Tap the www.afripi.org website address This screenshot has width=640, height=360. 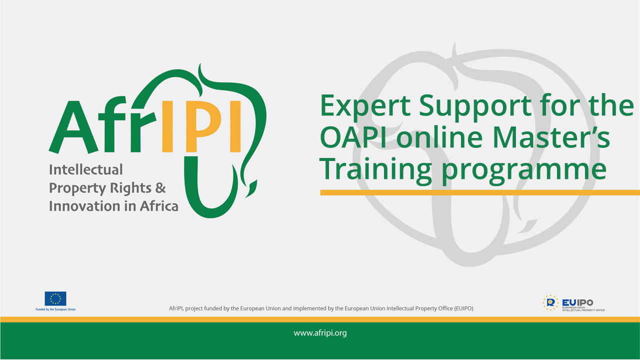click(320, 333)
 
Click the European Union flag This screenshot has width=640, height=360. click(55, 298)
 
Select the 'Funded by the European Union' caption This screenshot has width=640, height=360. click(55, 309)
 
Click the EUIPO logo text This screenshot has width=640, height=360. click(577, 302)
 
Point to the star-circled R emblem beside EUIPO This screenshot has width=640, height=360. click(550, 303)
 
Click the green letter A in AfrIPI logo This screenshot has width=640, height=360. click(73, 127)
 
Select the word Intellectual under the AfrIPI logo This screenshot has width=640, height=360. click(85, 169)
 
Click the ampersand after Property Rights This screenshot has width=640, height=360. click(160, 188)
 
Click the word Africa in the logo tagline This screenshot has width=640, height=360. click(159, 205)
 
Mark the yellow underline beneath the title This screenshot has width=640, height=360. click(480, 192)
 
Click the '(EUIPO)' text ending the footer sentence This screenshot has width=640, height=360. click(463, 308)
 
